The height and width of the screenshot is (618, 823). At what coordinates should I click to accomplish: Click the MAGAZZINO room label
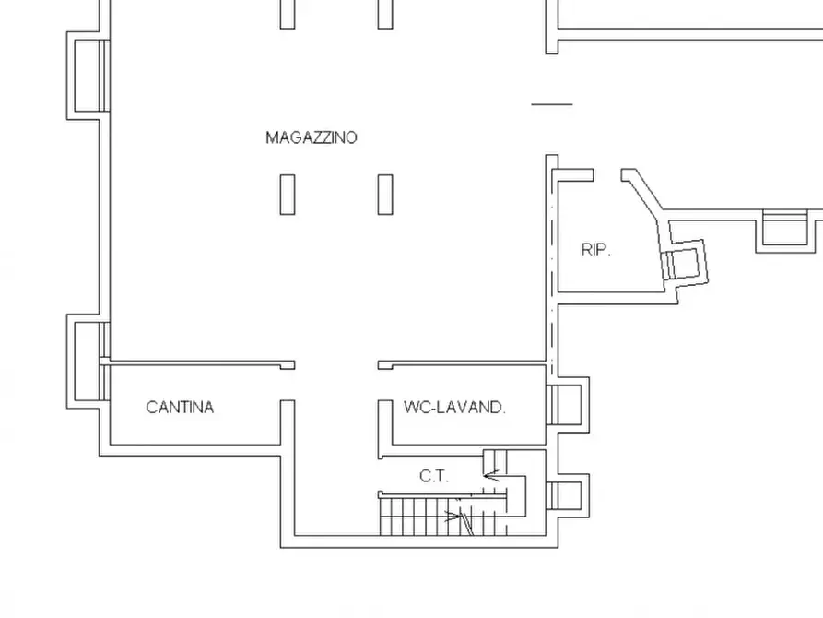311,137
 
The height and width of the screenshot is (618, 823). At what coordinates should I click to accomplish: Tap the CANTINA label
180,407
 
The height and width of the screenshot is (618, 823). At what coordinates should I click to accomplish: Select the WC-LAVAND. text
454,407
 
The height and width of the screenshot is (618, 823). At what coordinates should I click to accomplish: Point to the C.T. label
433,477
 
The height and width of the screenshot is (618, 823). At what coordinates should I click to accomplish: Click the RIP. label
596,249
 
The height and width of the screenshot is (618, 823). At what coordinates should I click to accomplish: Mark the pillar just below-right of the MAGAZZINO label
385,194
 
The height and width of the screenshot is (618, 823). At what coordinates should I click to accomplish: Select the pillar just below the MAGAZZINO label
288,194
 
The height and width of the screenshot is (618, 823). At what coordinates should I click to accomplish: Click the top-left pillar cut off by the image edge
288,13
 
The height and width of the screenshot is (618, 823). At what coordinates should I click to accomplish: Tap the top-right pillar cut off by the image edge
385,13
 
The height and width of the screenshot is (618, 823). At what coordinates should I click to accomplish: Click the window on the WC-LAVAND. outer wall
565,403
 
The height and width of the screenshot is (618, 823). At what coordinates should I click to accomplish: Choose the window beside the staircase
565,495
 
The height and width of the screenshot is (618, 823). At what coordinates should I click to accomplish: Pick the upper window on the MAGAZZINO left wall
88,75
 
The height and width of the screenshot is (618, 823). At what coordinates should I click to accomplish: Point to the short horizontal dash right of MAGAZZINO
552,104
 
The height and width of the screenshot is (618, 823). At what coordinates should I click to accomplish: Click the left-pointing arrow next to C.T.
493,477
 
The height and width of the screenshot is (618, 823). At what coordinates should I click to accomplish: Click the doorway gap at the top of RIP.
607,173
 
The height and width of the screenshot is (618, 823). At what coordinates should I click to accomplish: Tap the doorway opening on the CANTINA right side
288,384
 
